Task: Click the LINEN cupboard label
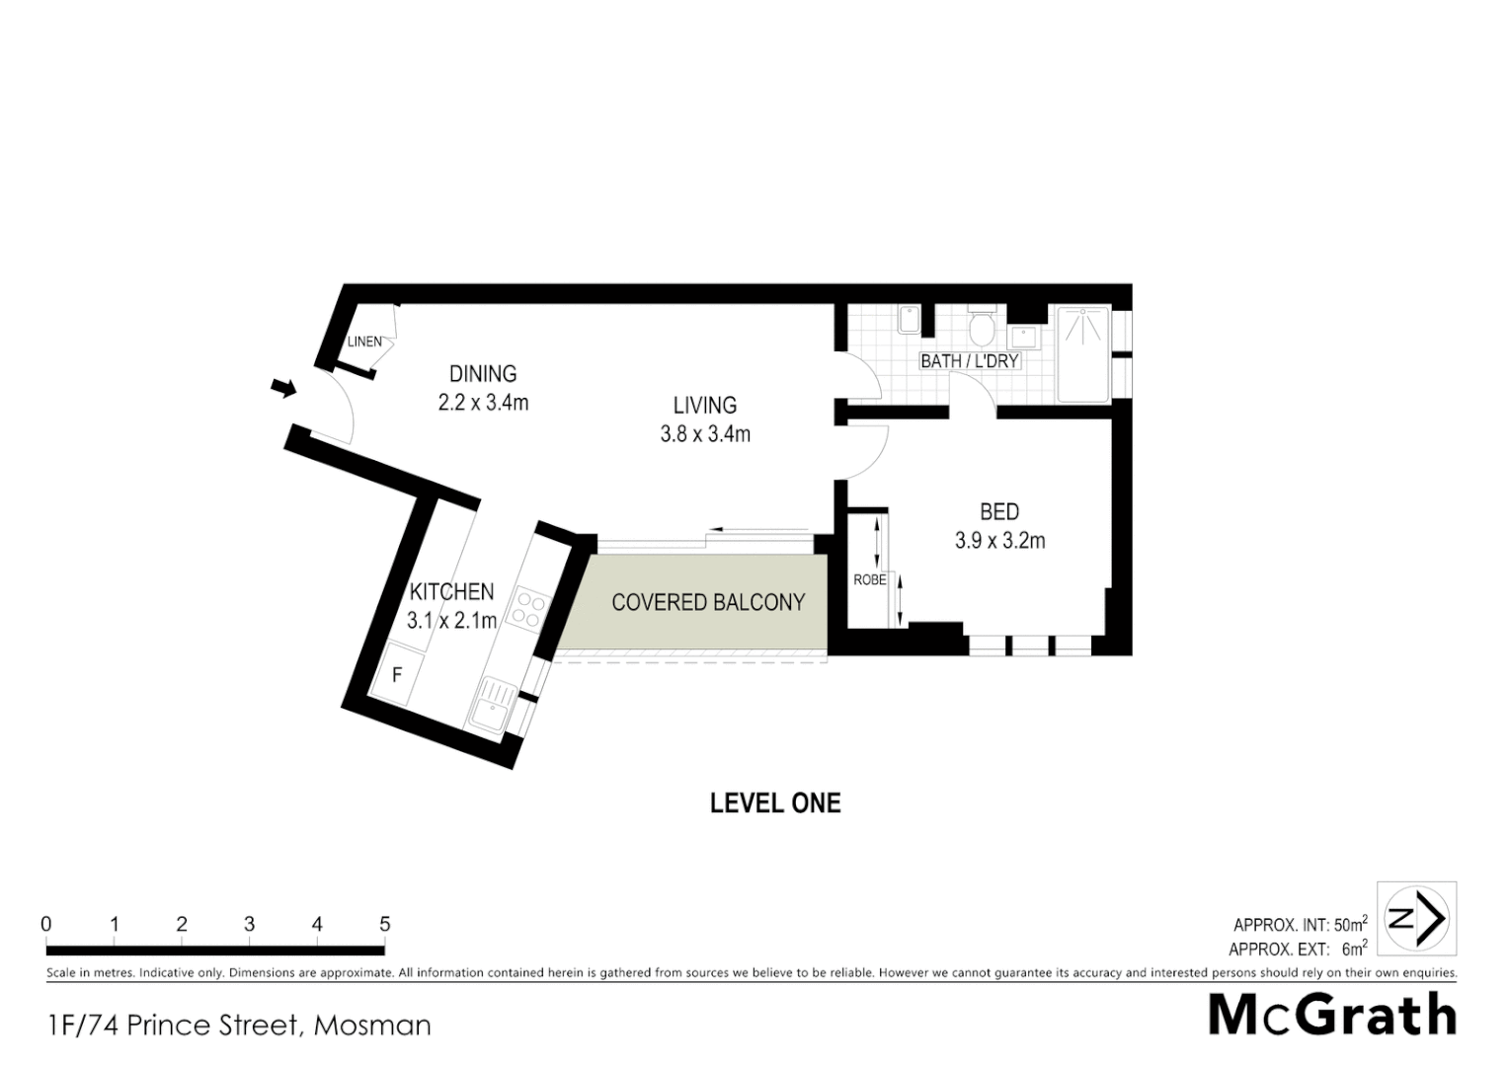[x=364, y=342]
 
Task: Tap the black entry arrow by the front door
[x=284, y=388]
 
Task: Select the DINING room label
[x=483, y=374]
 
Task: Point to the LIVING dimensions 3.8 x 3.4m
[x=705, y=434]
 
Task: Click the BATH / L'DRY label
[x=969, y=361]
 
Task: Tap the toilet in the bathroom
[x=982, y=326]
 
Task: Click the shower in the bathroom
[x=1083, y=355]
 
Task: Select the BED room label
[x=999, y=512]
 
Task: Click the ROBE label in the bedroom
[x=869, y=580]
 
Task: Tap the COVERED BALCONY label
[x=708, y=602]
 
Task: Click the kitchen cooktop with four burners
[x=527, y=608]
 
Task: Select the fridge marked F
[x=397, y=676]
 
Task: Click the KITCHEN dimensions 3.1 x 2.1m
[x=451, y=621]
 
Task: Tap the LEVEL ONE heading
[x=775, y=802]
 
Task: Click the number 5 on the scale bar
[x=384, y=925]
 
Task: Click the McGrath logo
[x=1333, y=1015]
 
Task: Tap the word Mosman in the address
[x=372, y=1026]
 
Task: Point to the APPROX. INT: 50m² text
[x=1300, y=925]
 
